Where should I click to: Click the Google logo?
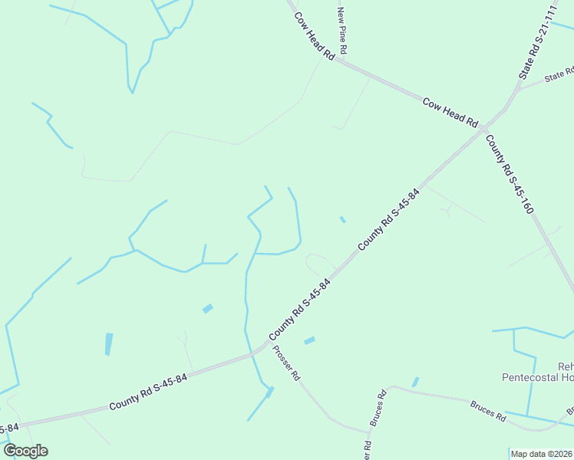pyautogui.click(x=25, y=451)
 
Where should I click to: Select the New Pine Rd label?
pyautogui.click(x=343, y=31)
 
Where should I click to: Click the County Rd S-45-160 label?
pyautogui.click(x=509, y=174)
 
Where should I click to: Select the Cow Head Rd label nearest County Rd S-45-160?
pyautogui.click(x=450, y=112)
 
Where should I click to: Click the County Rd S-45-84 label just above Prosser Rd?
pyautogui.click(x=300, y=310)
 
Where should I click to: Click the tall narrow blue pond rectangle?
pyautogui.click(x=108, y=343)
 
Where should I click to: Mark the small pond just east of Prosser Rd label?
pyautogui.click(x=309, y=340)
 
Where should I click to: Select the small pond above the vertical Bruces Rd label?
pyautogui.click(x=415, y=382)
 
